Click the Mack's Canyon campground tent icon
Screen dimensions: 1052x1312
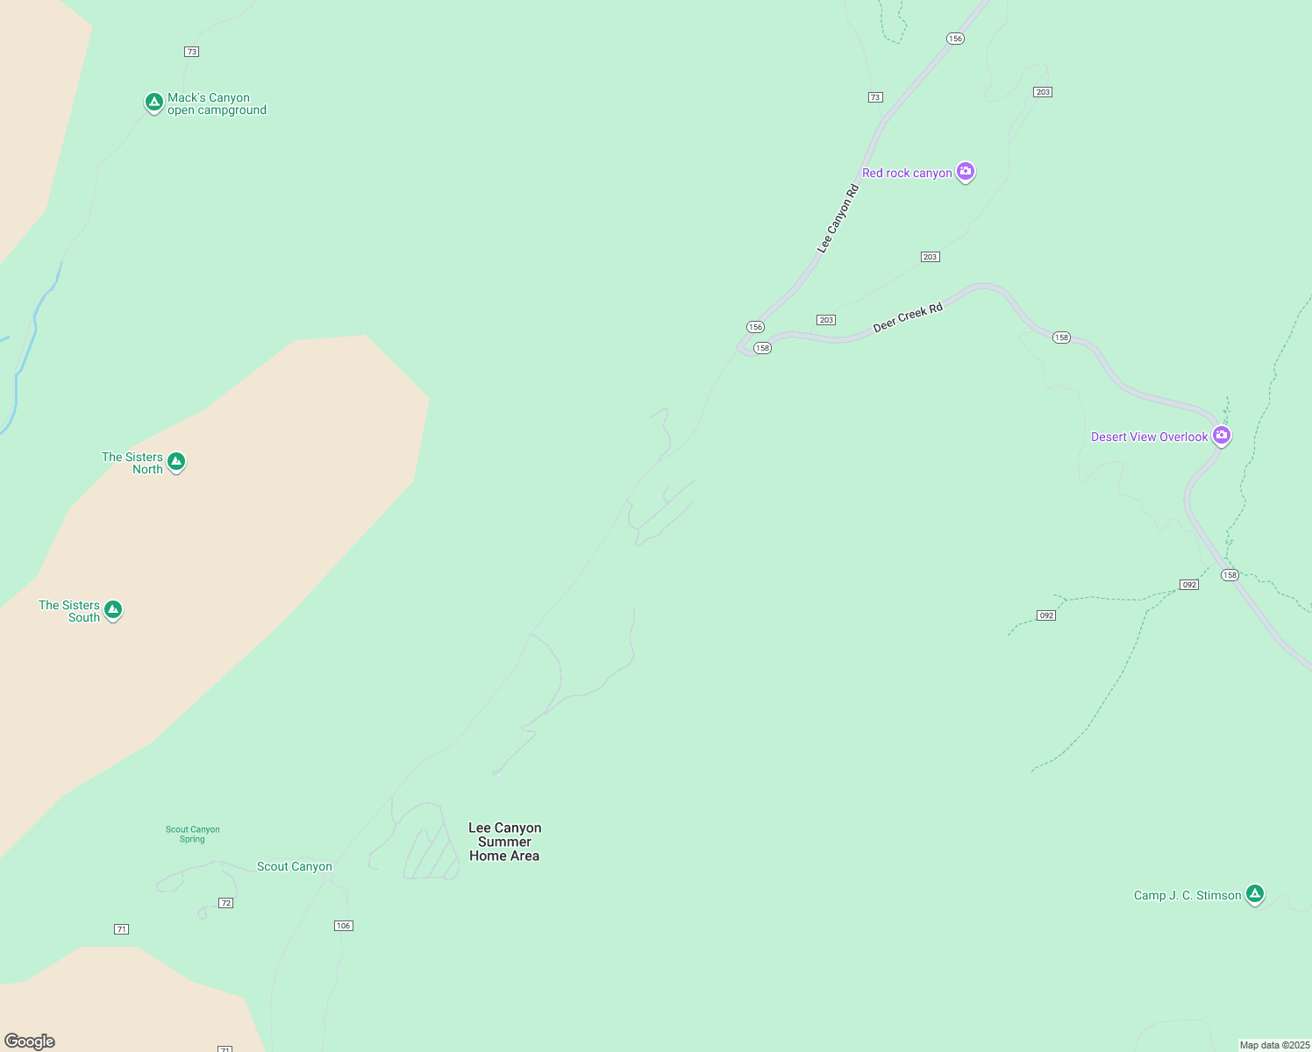[154, 103]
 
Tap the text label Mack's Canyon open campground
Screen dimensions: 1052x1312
[217, 104]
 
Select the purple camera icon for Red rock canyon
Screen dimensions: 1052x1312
[966, 172]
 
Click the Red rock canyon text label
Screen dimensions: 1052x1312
[907, 174]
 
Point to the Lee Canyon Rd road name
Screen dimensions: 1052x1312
[838, 219]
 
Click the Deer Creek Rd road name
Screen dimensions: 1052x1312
[908, 317]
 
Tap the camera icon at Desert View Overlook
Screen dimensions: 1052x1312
[1222, 436]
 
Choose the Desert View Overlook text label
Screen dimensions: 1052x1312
[1149, 437]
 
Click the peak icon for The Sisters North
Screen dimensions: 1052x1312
[176, 461]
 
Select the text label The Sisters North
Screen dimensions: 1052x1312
[133, 463]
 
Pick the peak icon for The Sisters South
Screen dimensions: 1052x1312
[112, 609]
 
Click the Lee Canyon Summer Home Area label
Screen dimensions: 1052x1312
[504, 842]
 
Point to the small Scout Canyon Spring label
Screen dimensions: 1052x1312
[193, 834]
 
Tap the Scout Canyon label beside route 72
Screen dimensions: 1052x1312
[294, 867]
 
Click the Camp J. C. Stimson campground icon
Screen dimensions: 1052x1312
[1255, 894]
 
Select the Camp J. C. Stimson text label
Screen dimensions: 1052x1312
[1187, 896]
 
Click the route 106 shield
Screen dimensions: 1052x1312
[344, 926]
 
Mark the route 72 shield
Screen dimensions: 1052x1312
[225, 903]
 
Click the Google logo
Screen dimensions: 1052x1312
[30, 1041]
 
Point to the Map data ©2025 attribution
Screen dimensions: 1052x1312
[1274, 1045]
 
